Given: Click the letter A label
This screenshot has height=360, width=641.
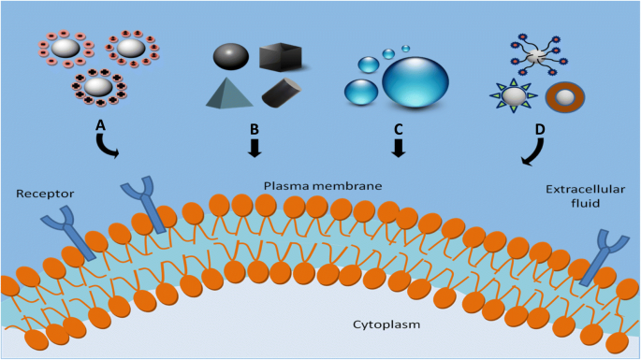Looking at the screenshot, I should (x=100, y=122).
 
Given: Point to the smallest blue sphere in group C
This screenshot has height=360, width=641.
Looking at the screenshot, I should (x=405, y=48).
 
